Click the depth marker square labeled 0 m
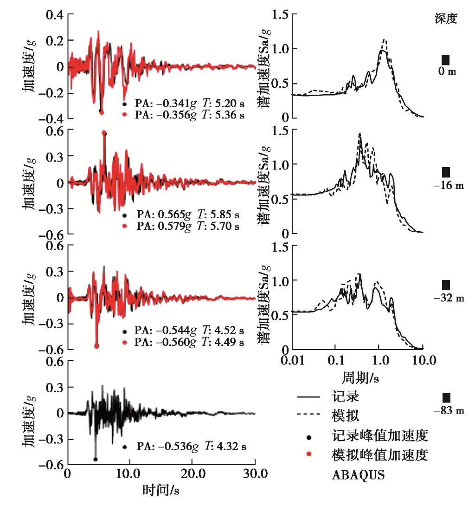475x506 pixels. pos(445,60)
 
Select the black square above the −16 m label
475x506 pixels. pos(446,172)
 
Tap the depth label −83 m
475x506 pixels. pos(449,411)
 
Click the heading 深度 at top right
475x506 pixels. pos(446,19)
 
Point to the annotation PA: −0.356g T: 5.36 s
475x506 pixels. pos(190,113)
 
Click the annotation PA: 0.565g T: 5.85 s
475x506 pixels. pos(188,215)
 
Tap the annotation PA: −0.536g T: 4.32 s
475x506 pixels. pos(191,447)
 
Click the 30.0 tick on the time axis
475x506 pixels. pos(255,474)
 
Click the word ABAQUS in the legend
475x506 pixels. pos(359,475)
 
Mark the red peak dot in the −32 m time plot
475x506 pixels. pos(96,346)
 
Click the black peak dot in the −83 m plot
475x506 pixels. pos(95,459)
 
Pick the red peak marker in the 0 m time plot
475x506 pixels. pos(102,112)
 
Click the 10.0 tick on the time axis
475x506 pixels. pos(130,474)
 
